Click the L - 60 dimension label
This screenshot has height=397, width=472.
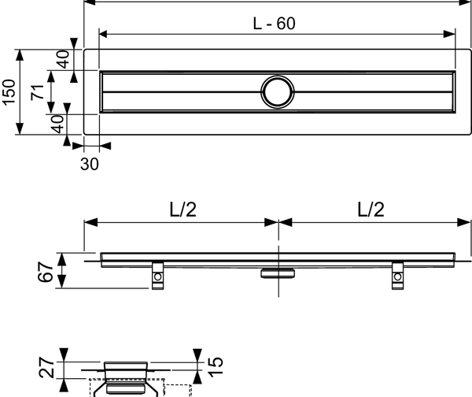click(275, 24)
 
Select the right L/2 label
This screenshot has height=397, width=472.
click(371, 210)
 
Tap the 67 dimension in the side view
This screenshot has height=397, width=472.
click(47, 273)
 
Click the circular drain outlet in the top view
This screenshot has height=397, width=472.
click(277, 91)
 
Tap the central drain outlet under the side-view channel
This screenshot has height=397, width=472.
click(278, 271)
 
